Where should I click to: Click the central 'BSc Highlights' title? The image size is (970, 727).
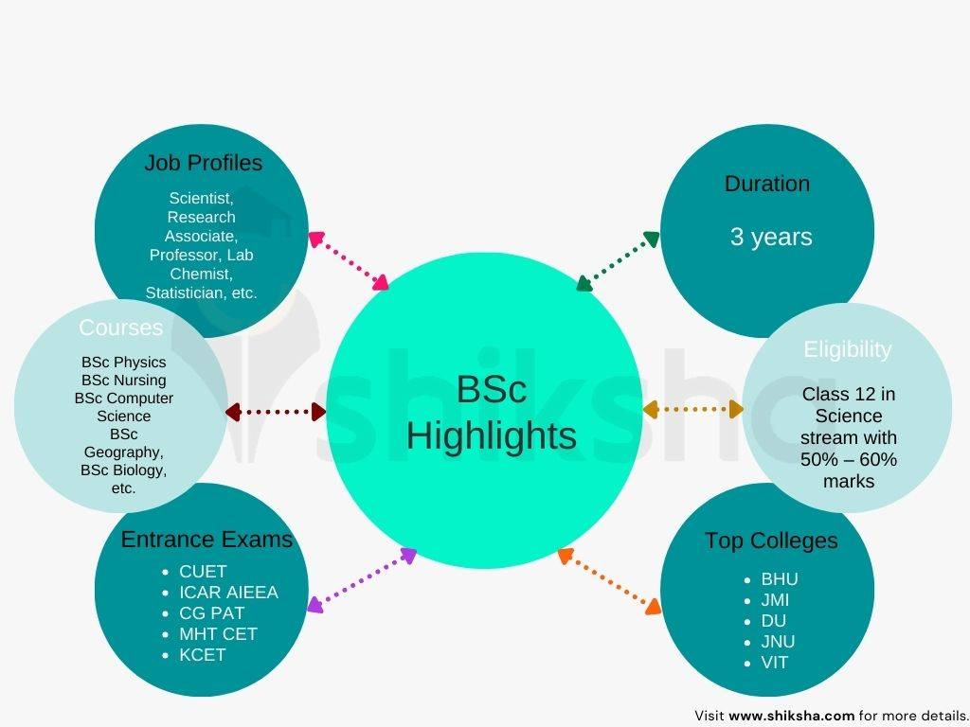tap(491, 413)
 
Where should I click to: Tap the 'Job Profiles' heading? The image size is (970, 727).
tap(203, 163)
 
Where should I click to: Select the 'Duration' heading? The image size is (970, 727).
tap(766, 184)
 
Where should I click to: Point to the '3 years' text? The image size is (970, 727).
tap(771, 237)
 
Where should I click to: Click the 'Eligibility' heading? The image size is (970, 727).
tap(847, 349)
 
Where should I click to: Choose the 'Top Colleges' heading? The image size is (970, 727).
tap(771, 541)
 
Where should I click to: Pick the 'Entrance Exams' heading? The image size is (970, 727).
tap(207, 540)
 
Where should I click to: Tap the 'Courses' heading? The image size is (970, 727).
tap(120, 328)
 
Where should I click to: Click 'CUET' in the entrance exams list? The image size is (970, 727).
tap(203, 572)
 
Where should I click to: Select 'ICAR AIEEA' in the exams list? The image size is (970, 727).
tap(228, 593)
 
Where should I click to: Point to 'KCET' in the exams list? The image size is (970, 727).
tap(202, 655)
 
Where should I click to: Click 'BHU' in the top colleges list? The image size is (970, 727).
tap(780, 579)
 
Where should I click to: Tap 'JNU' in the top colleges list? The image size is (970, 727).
tap(778, 642)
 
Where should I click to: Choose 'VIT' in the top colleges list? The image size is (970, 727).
tap(775, 663)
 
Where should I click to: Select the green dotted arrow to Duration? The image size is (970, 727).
tap(618, 259)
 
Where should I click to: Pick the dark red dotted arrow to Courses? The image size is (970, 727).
tap(276, 412)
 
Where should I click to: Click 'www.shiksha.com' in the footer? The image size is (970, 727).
tap(791, 716)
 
